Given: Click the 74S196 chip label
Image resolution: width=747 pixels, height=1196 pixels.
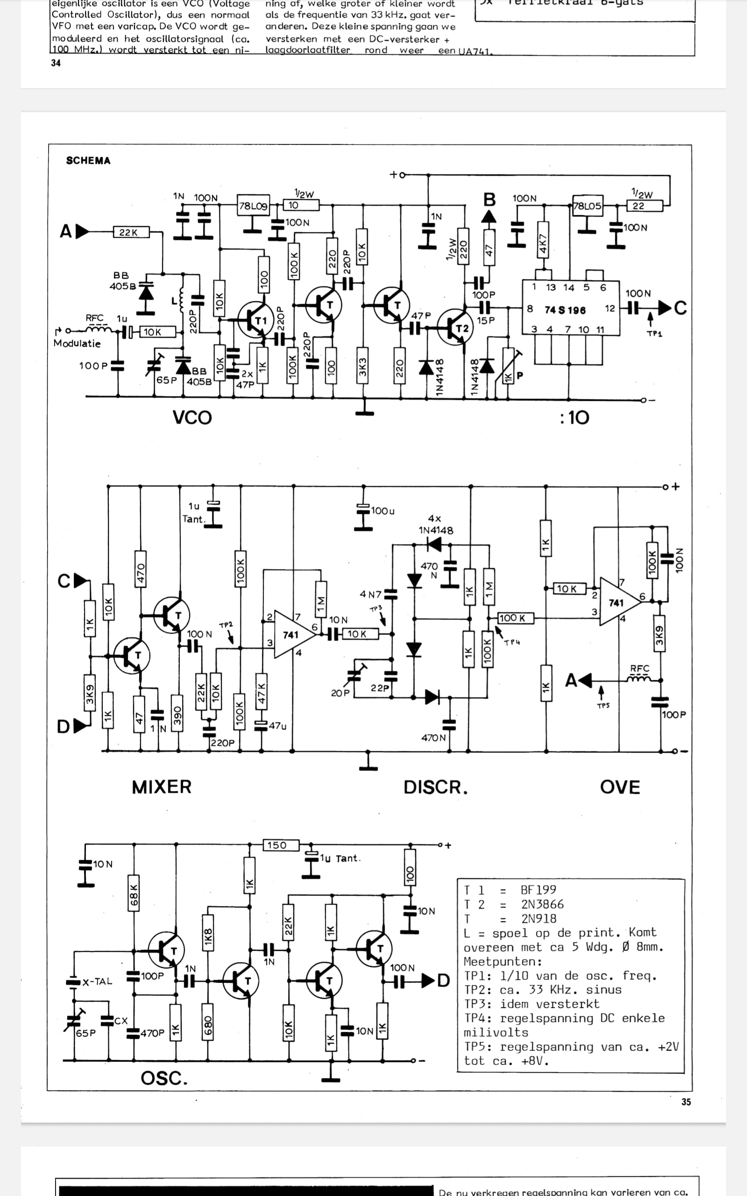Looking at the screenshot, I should coord(565,310).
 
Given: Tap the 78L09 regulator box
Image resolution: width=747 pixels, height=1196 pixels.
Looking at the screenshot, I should coord(253,206).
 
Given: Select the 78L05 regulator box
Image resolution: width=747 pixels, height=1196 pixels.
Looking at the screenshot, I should coord(587,206).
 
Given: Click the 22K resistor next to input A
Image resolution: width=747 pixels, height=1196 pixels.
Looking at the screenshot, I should coord(128,232).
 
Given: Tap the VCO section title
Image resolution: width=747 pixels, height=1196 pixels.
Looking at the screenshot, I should coord(192,418).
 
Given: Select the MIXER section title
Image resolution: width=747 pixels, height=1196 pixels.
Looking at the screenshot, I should coord(162,787).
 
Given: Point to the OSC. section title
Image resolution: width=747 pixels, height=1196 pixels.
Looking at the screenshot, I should coord(164,1078).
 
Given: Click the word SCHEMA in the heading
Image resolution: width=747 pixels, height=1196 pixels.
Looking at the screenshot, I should coord(88,161).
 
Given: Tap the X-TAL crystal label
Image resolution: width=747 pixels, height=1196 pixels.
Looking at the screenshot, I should coord(97,982).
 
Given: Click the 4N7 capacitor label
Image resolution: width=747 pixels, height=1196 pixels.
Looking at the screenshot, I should coord(370,594).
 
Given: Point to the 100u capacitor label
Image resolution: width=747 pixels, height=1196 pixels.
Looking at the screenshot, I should coord(383,511).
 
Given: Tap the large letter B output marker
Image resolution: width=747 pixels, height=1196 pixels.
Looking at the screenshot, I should coord(489,199).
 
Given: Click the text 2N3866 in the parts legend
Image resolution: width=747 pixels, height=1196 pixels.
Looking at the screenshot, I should coord(542,904).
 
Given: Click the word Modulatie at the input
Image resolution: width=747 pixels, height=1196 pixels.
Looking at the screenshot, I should coord(77,343).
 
